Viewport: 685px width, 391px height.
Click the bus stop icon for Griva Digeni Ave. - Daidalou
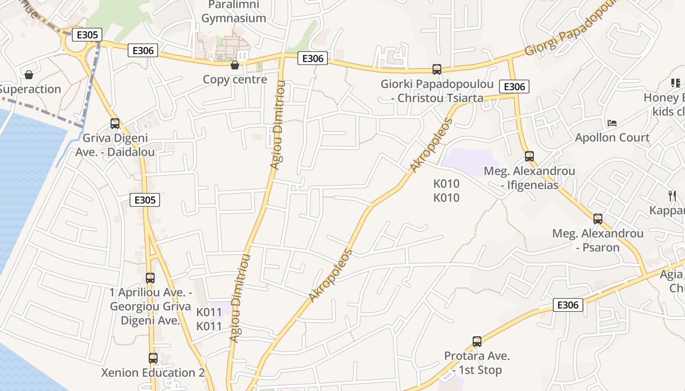coord(115,124)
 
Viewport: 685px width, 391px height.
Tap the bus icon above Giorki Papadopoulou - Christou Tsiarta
coord(437,69)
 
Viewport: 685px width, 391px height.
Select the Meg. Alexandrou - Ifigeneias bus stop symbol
coord(529,156)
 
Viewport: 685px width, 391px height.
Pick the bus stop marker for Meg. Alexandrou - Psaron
coord(598,218)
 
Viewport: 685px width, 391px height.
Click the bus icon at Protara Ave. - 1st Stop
coord(477,342)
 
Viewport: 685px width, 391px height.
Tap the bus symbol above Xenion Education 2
coord(153,358)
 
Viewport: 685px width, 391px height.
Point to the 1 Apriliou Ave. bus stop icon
coord(150,278)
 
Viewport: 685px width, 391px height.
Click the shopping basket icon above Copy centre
coord(235,65)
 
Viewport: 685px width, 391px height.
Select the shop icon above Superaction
coord(29,75)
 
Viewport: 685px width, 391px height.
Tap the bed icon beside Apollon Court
coord(612,123)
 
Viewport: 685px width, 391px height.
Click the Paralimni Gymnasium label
coord(234,12)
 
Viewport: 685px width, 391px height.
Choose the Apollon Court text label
coord(612,137)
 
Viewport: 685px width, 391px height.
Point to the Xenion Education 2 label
coord(153,373)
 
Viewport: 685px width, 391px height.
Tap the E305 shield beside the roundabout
coord(87,35)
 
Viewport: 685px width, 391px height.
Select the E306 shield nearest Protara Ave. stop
coord(568,305)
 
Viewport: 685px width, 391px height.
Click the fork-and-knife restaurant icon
coord(672,196)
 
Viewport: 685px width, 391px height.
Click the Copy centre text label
coord(235,79)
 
